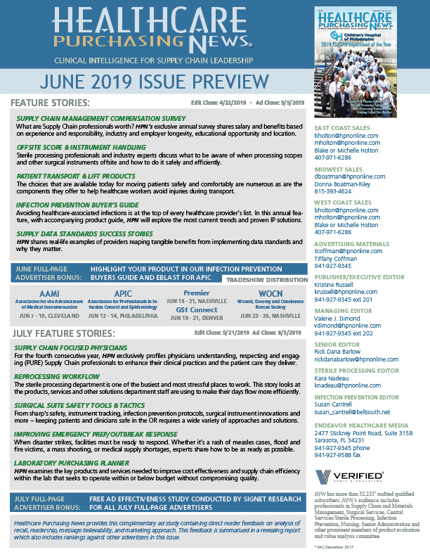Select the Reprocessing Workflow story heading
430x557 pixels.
pos(59,378)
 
